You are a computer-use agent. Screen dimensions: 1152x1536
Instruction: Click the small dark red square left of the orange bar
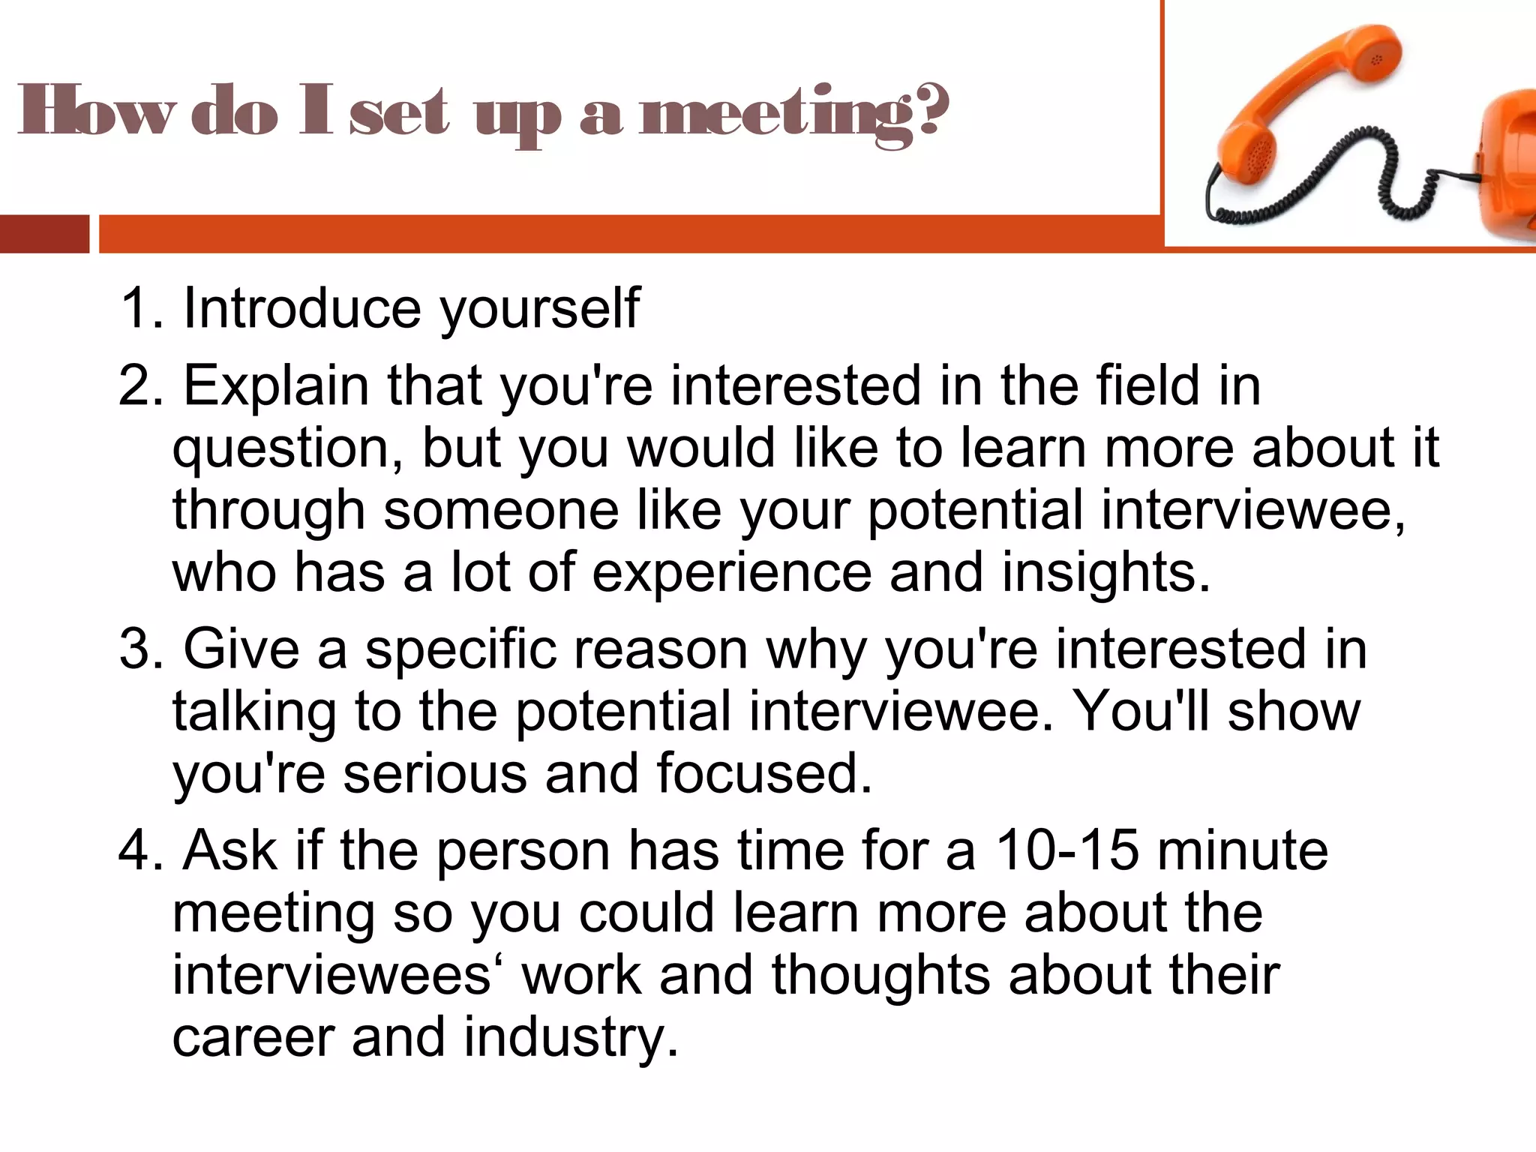[44, 234]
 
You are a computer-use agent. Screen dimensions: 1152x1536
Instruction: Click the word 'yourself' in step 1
[540, 308]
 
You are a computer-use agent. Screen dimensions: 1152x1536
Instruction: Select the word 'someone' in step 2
[501, 510]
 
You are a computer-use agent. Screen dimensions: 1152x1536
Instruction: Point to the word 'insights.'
[1106, 572]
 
